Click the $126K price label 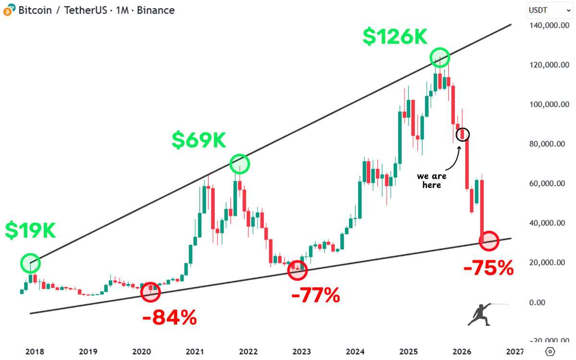click(x=395, y=37)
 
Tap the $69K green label click(x=199, y=140)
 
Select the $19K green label click(x=31, y=230)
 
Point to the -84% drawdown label click(x=169, y=317)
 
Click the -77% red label click(x=315, y=295)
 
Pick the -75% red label click(x=488, y=268)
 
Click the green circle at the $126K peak click(x=440, y=58)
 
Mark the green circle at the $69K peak click(x=240, y=164)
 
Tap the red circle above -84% click(x=150, y=292)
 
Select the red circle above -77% click(x=297, y=271)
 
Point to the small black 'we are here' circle click(x=462, y=134)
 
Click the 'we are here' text click(x=432, y=180)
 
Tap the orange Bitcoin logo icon click(x=8, y=10)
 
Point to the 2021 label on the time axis click(x=195, y=351)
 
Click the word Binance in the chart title click(x=156, y=10)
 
